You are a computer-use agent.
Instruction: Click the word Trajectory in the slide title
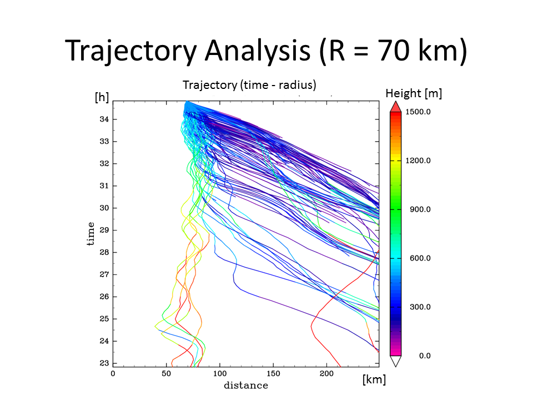tap(130, 51)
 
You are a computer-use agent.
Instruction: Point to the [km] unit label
tap(374, 380)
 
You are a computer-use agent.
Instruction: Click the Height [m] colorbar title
tap(414, 93)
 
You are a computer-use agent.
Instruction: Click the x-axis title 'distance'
tap(245, 386)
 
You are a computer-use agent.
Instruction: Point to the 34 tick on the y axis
tap(104, 119)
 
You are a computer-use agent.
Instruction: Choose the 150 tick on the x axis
tap(273, 374)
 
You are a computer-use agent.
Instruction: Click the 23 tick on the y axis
tap(104, 363)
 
